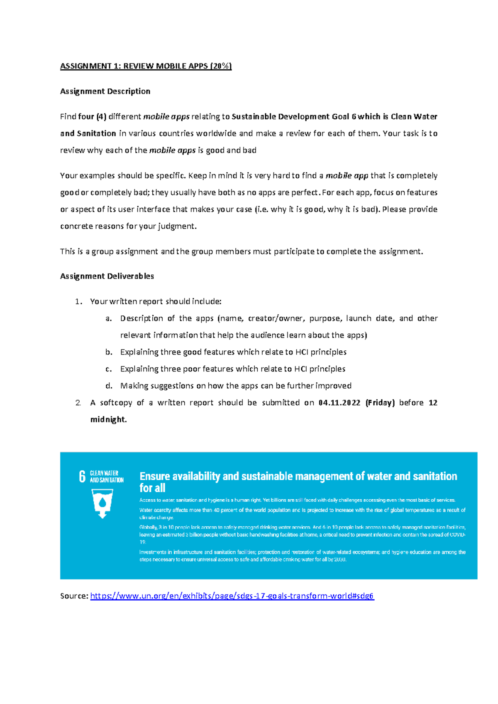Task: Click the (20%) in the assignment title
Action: pos(221,66)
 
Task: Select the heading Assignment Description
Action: pos(105,91)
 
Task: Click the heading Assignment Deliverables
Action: pos(107,276)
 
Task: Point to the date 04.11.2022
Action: pos(339,403)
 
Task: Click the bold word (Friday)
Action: pos(380,403)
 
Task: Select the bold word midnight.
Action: pos(108,420)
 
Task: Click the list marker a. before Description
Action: pos(108,318)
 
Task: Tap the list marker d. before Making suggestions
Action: pos(109,386)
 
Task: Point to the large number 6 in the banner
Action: pos(82,477)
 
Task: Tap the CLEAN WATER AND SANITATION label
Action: pos(107,477)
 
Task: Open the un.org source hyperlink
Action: pos(232,596)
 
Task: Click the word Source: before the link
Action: pos(74,596)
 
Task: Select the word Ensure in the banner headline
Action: pos(155,476)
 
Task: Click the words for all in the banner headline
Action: pos(152,488)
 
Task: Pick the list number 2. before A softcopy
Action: pos(78,403)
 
